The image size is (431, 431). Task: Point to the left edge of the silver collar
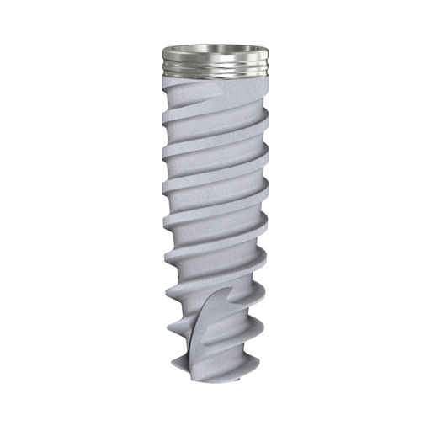point(162,61)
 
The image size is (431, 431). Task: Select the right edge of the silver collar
point(267,61)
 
